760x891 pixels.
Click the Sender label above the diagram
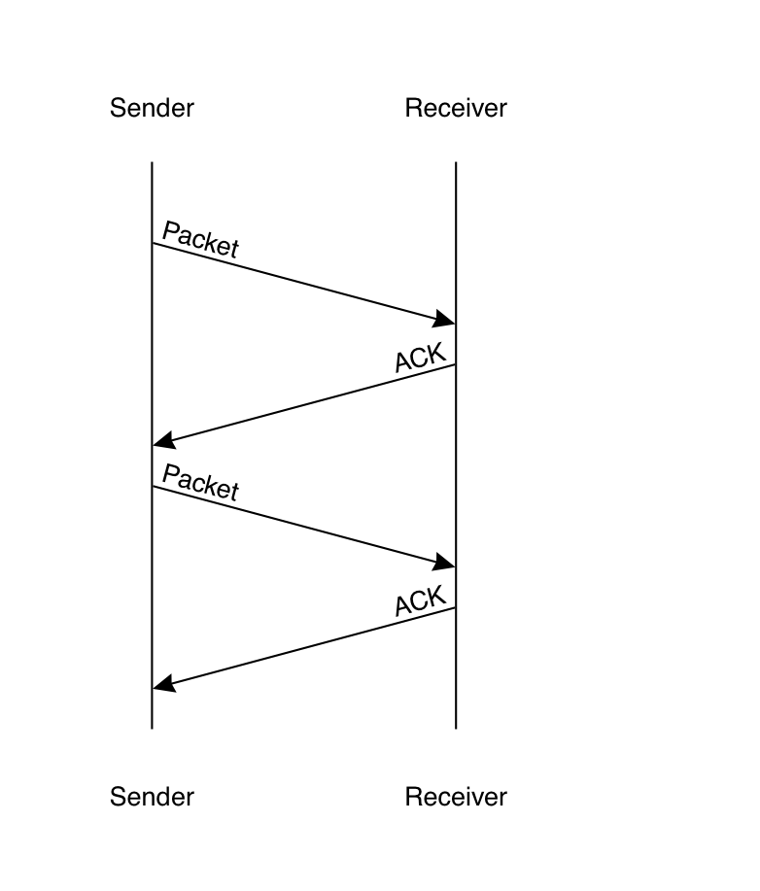pos(152,107)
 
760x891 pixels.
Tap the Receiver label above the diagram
pos(456,107)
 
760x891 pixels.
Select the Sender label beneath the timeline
pos(152,798)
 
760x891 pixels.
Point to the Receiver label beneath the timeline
pos(456,798)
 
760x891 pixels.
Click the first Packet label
pos(200,239)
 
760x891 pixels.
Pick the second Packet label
pos(200,482)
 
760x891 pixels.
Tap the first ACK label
pos(421,357)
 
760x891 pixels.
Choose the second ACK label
pos(421,600)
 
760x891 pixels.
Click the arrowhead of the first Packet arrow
pos(446,320)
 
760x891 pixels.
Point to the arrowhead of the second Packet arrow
pos(446,564)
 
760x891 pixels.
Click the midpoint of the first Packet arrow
pos(303,283)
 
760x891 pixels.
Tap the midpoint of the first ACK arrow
pos(303,404)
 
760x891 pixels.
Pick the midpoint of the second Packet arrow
pos(303,526)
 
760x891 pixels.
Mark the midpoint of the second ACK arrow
pos(303,647)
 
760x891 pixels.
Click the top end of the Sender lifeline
pos(152,163)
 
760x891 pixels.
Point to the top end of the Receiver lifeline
pos(456,163)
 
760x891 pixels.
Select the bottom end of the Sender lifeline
pos(152,727)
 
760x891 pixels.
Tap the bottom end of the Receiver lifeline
pos(456,727)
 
